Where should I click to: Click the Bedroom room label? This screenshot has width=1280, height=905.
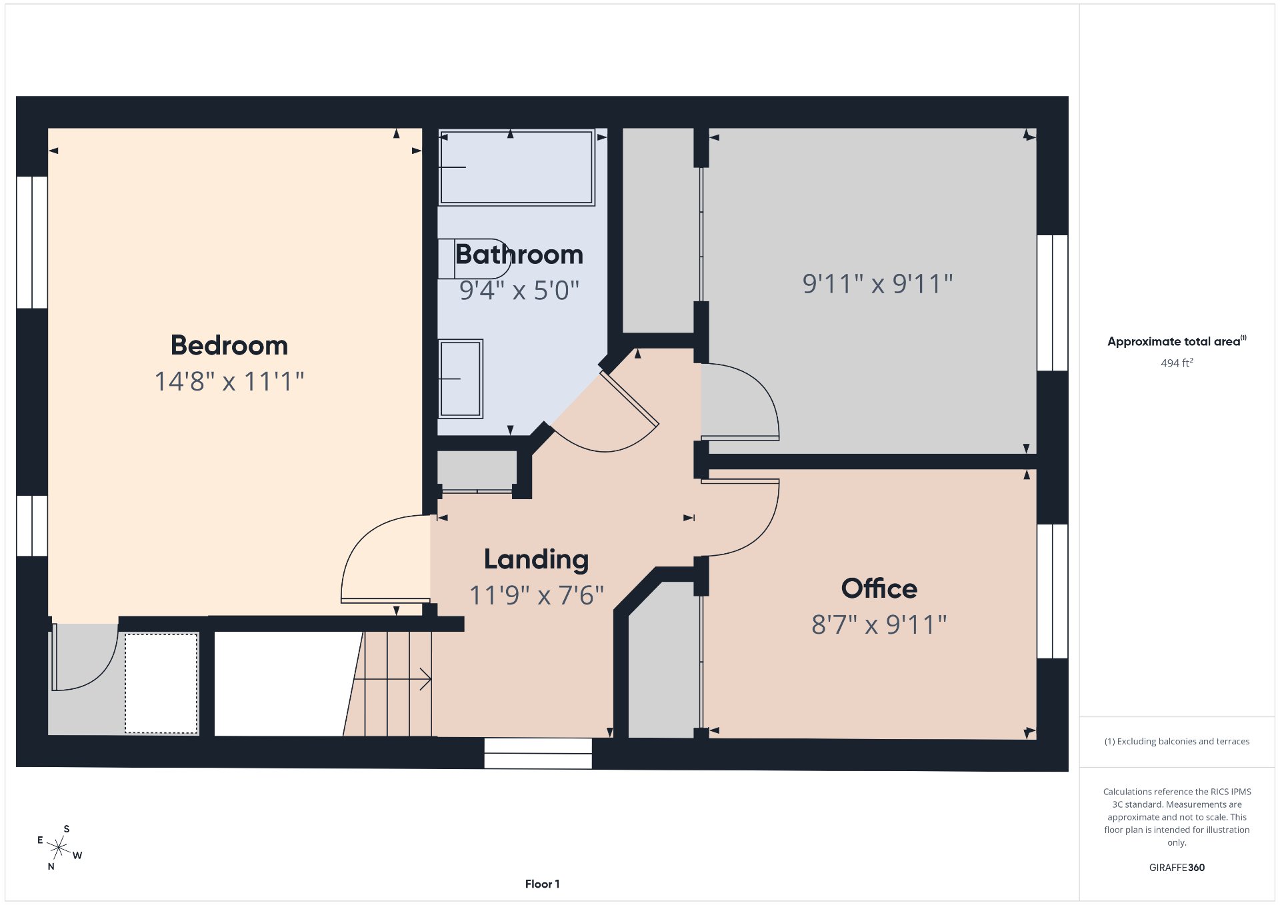[229, 345]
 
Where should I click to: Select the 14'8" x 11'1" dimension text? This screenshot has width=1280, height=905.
[229, 382]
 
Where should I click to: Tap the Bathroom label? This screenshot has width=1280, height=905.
[519, 255]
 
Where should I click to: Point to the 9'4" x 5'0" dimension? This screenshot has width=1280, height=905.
[519, 290]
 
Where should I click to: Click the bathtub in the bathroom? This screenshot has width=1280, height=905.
[517, 167]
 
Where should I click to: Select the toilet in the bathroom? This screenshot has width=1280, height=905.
[474, 259]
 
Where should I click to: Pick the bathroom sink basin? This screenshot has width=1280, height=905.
[461, 379]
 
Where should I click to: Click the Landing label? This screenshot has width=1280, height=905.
[537, 560]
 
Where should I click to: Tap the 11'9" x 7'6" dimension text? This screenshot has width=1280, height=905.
[537, 595]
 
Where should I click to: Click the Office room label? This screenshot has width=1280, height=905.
[879, 588]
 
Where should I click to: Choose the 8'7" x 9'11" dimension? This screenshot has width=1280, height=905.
[879, 624]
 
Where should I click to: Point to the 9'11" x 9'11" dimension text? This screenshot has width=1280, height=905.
[877, 284]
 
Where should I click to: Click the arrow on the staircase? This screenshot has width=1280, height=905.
[392, 679]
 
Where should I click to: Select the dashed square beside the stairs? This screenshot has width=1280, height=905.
[161, 683]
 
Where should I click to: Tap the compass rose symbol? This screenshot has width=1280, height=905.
[59, 848]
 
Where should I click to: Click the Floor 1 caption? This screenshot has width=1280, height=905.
[542, 884]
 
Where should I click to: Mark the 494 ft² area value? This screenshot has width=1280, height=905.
[1177, 363]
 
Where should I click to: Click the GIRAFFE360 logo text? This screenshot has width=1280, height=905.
[1177, 868]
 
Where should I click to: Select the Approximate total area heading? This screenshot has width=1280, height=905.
[1177, 341]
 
